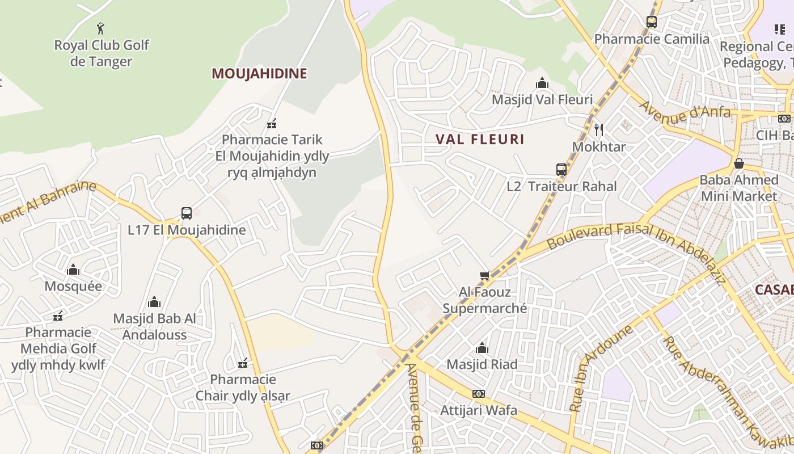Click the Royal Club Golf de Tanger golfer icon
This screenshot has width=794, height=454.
[101, 27]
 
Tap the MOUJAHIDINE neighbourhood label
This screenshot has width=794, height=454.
[259, 73]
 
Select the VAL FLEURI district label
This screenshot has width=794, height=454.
[480, 139]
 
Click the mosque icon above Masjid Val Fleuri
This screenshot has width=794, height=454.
[542, 83]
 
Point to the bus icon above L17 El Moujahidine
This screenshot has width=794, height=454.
[187, 213]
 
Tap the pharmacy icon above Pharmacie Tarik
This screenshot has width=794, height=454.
[272, 123]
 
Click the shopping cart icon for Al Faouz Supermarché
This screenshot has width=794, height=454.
[484, 276]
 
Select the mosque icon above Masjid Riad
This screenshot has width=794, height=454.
[482, 348]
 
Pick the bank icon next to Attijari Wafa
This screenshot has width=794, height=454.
[479, 394]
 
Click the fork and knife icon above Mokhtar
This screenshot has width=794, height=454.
[598, 130]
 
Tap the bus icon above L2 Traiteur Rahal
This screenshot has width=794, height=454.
[561, 169]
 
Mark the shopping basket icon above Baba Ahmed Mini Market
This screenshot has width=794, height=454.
[738, 163]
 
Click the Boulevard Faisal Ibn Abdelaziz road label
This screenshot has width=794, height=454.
[635, 250]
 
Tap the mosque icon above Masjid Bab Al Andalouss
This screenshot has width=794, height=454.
[154, 302]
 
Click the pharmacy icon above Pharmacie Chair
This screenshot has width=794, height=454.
[243, 363]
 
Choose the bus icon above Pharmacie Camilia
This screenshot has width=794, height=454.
[652, 22]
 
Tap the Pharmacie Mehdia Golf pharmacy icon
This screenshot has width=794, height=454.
[57, 316]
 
